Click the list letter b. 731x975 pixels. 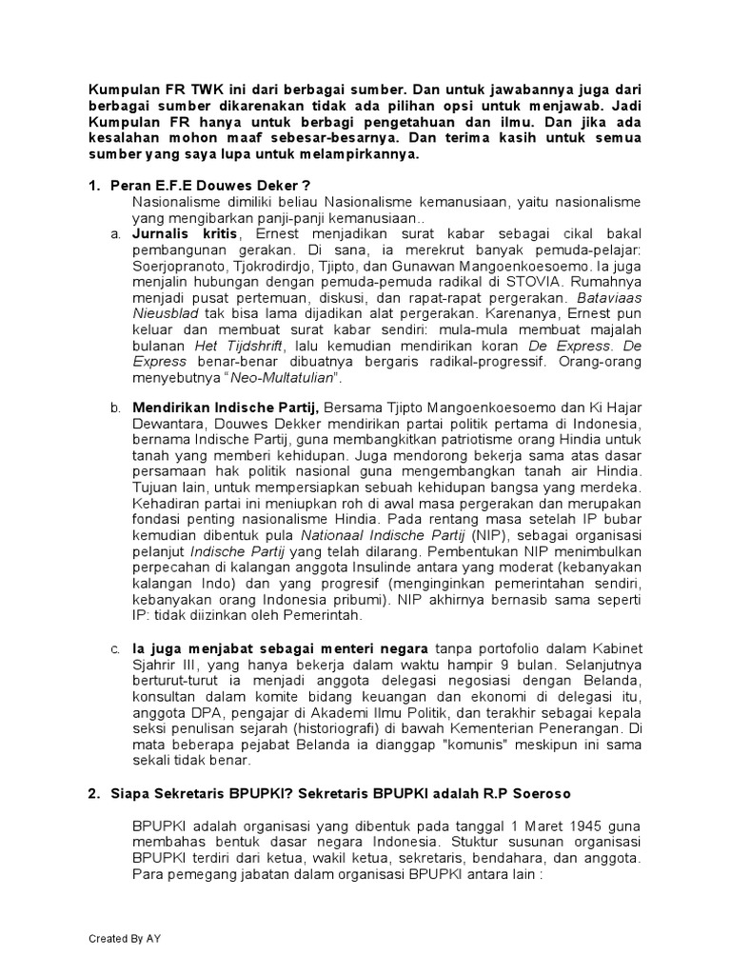click(x=114, y=407)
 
